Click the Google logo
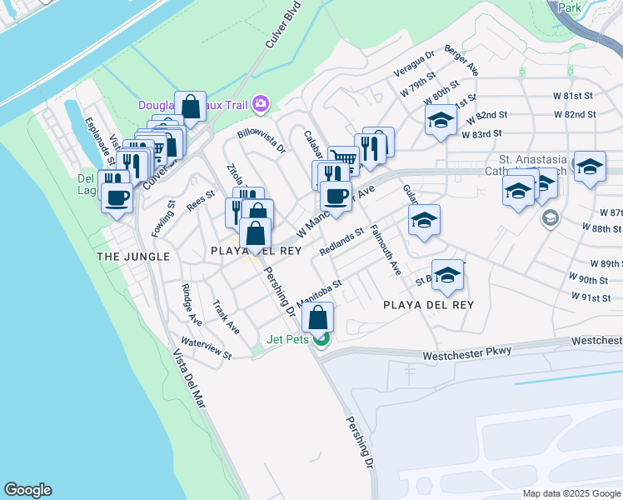[x=27, y=490]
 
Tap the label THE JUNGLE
[x=133, y=257]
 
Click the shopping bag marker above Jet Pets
[x=318, y=317]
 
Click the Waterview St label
[x=207, y=348]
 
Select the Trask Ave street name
[x=226, y=317]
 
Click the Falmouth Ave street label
[x=386, y=250]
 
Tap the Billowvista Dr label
[x=262, y=142]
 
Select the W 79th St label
[x=418, y=85]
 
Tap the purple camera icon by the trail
[x=261, y=103]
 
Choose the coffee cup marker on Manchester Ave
[x=335, y=197]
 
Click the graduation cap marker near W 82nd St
[x=441, y=121]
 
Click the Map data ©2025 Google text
[x=571, y=493]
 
